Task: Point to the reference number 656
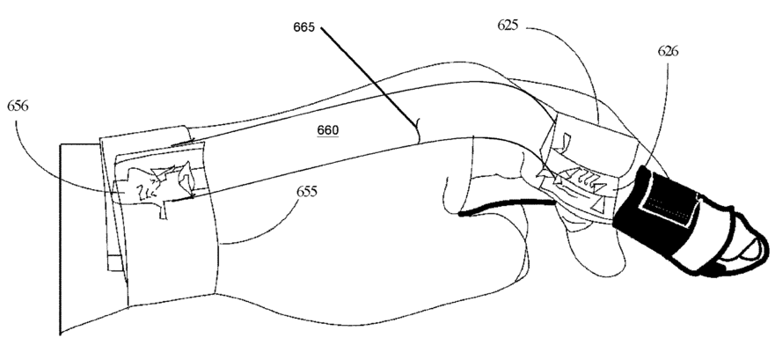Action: click(18, 104)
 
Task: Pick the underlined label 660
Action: click(327, 129)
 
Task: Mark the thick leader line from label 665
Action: click(369, 74)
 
